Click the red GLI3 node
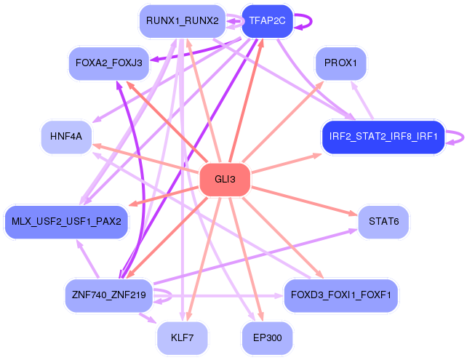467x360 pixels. point(225,180)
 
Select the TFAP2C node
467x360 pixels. point(267,21)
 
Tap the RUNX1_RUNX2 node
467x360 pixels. point(183,21)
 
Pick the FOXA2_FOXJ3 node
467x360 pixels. point(108,63)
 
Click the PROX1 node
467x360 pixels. point(340,63)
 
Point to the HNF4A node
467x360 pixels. point(66,137)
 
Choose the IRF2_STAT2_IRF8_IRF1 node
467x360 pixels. point(383,137)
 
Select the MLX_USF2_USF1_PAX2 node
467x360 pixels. point(66,222)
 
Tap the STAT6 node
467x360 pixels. point(383,222)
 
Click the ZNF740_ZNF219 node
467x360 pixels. point(108,295)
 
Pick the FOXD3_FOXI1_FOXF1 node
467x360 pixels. point(340,295)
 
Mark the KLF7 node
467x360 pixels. point(183,338)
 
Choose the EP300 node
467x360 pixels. point(267,338)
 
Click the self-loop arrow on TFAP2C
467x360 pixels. point(311,21)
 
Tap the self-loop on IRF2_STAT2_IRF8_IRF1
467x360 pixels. point(463,137)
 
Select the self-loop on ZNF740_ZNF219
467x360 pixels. point(171,296)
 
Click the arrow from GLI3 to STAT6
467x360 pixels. point(304,201)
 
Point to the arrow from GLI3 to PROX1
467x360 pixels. point(283,121)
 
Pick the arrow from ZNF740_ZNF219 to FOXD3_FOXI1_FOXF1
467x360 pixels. point(217,296)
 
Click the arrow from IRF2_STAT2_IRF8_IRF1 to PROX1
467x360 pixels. point(362,100)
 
